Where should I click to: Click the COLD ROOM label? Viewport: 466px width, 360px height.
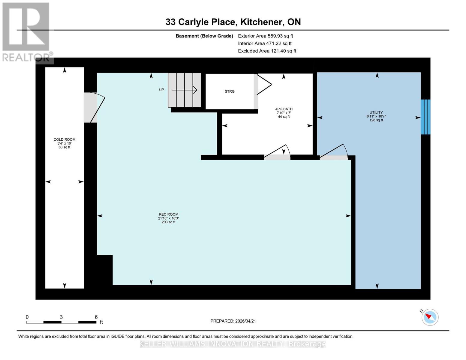click(65, 140)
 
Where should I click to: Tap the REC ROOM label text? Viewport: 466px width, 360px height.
click(168, 214)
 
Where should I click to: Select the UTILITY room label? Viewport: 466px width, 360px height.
click(376, 112)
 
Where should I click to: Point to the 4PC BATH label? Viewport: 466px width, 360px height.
click(284, 109)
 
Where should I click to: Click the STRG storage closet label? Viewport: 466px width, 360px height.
click(230, 91)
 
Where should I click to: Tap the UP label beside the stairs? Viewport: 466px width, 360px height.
click(161, 90)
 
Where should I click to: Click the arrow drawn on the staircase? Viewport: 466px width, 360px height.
click(185, 90)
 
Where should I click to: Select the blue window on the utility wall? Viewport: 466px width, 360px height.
click(425, 117)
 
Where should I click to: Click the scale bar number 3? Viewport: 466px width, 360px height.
click(61, 317)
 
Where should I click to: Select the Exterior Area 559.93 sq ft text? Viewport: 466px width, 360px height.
click(265, 36)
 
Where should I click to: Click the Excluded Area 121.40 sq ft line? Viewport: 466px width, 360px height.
click(267, 51)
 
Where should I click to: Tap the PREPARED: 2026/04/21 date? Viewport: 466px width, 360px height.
click(233, 321)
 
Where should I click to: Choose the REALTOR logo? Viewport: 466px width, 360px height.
click(26, 31)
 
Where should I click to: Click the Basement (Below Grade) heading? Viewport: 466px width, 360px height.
click(204, 36)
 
